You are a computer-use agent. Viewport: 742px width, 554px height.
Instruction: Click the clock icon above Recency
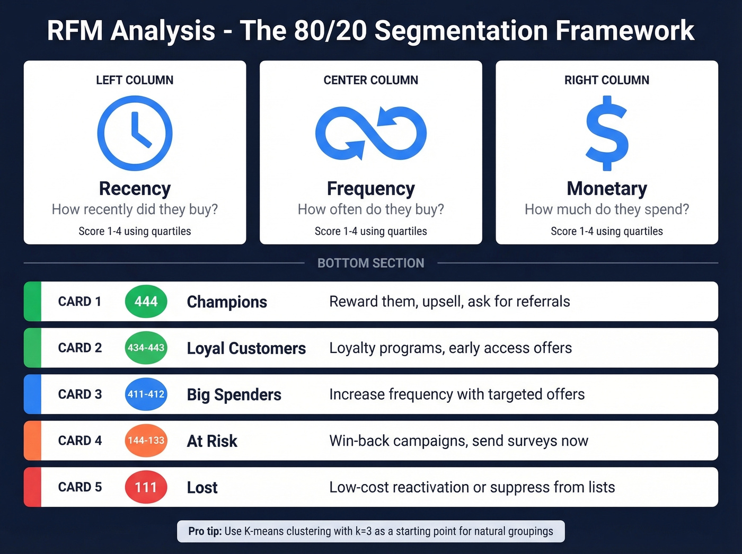pos(135,133)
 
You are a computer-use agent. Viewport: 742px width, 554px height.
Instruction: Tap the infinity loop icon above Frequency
pos(370,133)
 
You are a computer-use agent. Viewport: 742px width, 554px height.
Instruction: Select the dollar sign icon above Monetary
pos(607,133)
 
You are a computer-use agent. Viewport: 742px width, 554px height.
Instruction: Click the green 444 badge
pos(146,302)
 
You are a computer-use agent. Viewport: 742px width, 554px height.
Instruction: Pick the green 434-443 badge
pos(146,348)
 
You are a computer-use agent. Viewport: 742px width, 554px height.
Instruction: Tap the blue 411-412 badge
pos(146,394)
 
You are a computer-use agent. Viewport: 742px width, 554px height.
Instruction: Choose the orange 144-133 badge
pos(146,441)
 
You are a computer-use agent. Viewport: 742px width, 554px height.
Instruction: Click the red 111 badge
pos(146,487)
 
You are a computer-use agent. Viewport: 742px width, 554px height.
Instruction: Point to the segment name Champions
pos(227,302)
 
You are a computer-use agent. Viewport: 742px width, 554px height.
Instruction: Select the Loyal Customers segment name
pos(246,348)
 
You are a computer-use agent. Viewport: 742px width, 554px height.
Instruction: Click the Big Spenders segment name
pos(234,395)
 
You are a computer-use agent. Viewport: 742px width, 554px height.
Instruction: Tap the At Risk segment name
pos(212,441)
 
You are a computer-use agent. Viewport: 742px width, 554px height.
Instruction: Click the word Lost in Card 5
pos(202,488)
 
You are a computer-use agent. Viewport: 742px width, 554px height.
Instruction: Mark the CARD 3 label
pos(79,394)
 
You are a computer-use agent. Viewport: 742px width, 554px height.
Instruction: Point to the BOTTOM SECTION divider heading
pos(370,263)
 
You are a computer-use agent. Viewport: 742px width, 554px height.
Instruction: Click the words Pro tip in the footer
pos(205,531)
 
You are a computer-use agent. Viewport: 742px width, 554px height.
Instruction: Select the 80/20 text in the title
pos(330,31)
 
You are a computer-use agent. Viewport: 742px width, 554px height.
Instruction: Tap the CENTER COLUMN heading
pos(370,80)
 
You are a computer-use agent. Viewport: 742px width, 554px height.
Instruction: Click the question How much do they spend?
pos(607,209)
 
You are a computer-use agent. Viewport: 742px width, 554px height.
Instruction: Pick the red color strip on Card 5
pos(32,487)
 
